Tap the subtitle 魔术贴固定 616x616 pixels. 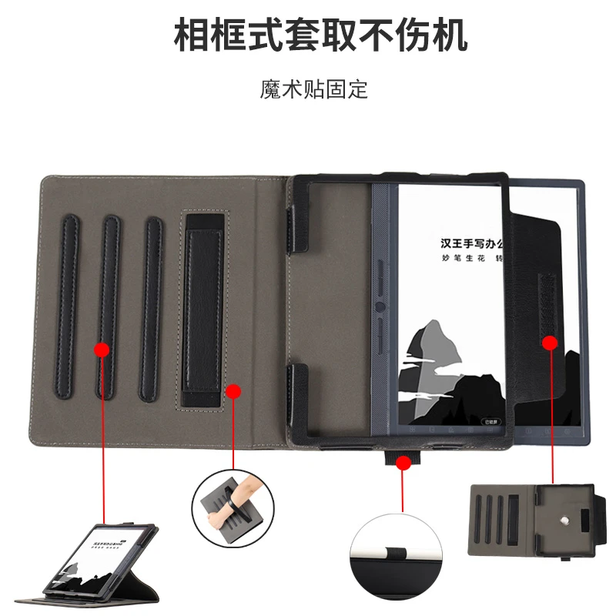point(313,89)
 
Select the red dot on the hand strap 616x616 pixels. point(231,393)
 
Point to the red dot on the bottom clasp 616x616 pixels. point(403,462)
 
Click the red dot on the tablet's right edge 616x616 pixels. point(551,341)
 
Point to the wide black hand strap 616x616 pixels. point(202,316)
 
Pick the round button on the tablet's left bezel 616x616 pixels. point(380,305)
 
